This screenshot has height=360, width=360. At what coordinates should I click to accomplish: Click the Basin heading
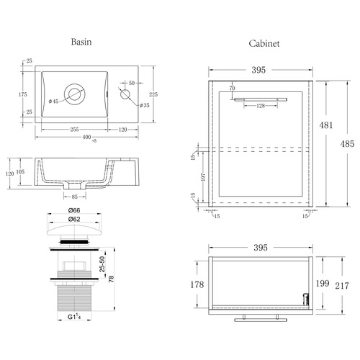pyautogui.click(x=81, y=42)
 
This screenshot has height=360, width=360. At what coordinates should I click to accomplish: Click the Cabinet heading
pyautogui.click(x=264, y=43)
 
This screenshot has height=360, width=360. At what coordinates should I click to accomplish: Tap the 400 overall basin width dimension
pyautogui.click(x=86, y=137)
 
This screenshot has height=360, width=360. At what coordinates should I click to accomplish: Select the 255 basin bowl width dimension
pyautogui.click(x=74, y=130)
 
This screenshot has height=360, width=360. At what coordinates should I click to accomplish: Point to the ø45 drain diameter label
pyautogui.click(x=53, y=102)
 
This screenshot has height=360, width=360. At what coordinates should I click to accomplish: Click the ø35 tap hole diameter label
pyautogui.click(x=145, y=105)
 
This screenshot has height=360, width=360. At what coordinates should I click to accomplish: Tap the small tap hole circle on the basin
pyautogui.click(x=125, y=94)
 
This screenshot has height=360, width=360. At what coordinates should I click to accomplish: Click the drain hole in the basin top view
pyautogui.click(x=74, y=94)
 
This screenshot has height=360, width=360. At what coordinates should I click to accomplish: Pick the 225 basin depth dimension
pyautogui.click(x=153, y=94)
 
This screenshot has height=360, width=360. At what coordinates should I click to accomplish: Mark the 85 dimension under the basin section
pyautogui.click(x=75, y=197)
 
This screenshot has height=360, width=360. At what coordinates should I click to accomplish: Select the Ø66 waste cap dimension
pyautogui.click(x=74, y=210)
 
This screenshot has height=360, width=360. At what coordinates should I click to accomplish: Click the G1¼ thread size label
pyautogui.click(x=74, y=317)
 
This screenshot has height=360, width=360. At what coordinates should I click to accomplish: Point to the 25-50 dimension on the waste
pyautogui.click(x=102, y=264)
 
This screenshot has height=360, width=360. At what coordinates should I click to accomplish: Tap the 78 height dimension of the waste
pyautogui.click(x=111, y=279)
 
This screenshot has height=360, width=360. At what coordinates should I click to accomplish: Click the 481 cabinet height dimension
pyautogui.click(x=326, y=125)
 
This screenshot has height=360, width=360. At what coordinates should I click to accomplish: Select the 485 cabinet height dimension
pyautogui.click(x=347, y=144)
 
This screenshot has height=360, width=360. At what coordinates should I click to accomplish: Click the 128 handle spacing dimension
pyautogui.click(x=261, y=106)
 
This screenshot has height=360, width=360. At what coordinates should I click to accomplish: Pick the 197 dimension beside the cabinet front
pyautogui.click(x=203, y=177)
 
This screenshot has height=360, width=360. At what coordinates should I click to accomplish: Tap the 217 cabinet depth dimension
pyautogui.click(x=342, y=286)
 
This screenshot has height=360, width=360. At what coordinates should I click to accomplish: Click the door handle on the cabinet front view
pyautogui.click(x=261, y=99)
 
